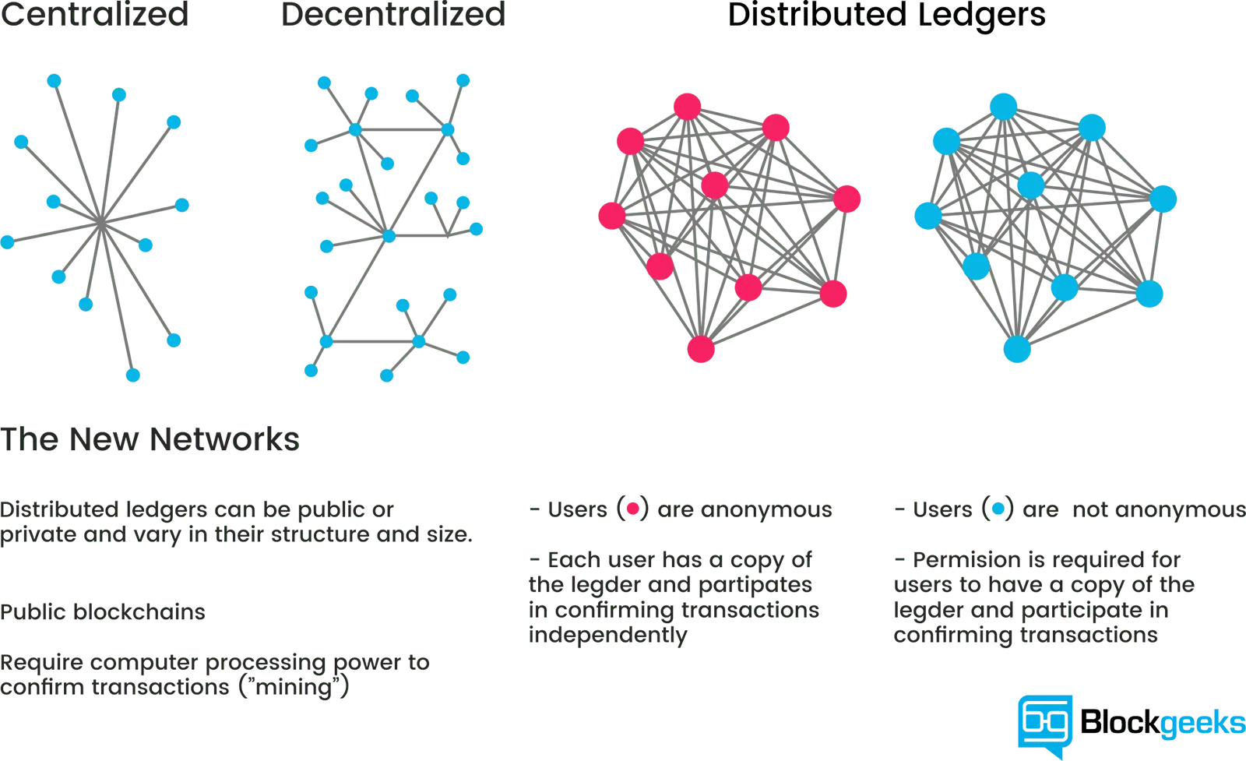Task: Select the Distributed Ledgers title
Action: (x=887, y=16)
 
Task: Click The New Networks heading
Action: (x=150, y=439)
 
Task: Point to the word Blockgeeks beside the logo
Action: (x=1163, y=723)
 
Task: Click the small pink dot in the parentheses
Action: (x=632, y=509)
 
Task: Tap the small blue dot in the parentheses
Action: (x=998, y=509)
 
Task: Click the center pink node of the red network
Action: (x=715, y=185)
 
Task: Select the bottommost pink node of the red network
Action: (x=701, y=350)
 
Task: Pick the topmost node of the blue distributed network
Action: (x=1004, y=107)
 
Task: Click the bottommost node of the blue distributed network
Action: (x=1017, y=350)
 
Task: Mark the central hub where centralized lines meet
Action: (x=100, y=223)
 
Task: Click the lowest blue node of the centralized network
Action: (x=133, y=375)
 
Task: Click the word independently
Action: (x=608, y=635)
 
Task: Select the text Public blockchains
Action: (x=102, y=612)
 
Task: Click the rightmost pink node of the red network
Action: (x=847, y=199)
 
